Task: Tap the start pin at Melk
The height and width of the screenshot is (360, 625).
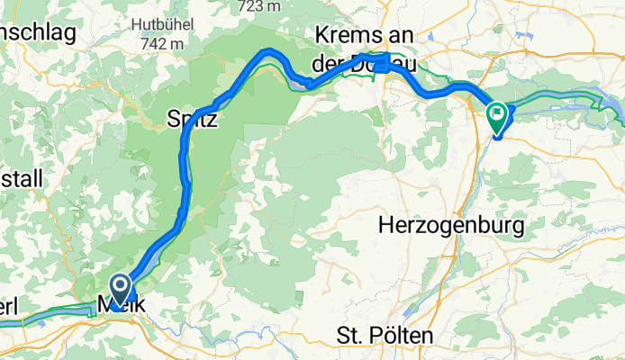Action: (119, 290)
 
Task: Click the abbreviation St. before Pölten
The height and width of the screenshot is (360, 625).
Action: (352, 337)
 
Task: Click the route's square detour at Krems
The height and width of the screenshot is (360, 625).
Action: (386, 62)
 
